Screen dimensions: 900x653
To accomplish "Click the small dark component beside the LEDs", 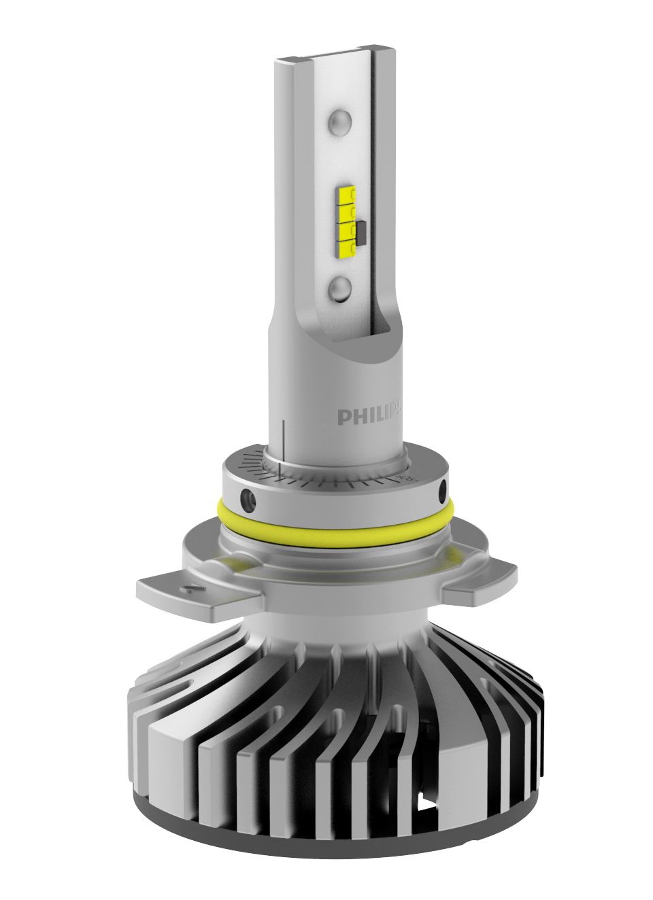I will [361, 233].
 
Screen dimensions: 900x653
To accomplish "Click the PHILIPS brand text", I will [370, 415].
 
